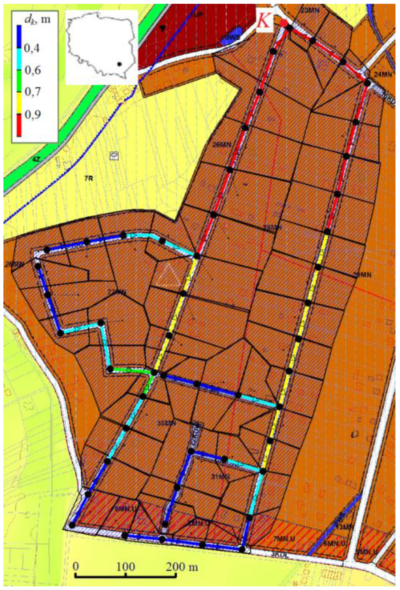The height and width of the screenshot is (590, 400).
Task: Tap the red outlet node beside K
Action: coord(284,23)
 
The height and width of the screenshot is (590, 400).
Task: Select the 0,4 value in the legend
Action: coord(31,48)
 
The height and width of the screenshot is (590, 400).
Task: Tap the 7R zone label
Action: coord(89,178)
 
